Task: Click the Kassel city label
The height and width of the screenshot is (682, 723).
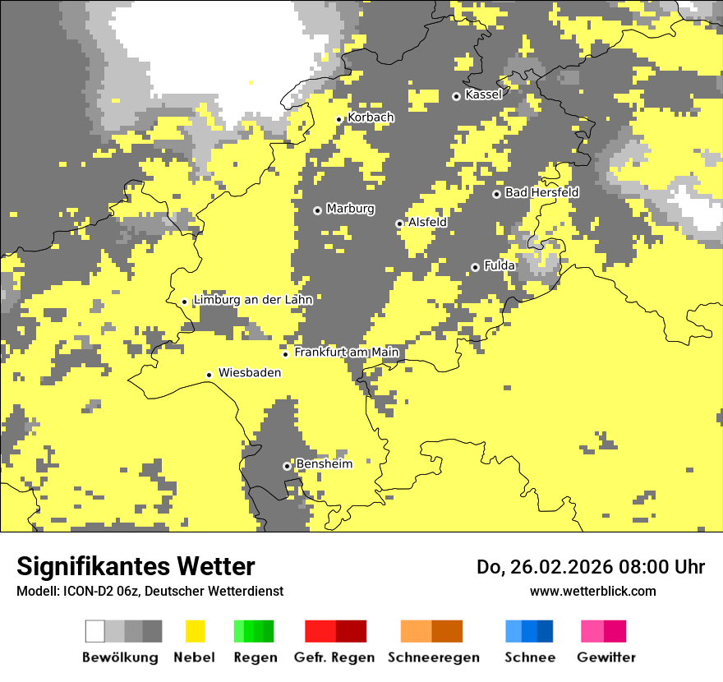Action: [483, 94]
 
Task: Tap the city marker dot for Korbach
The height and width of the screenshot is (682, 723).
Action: [338, 119]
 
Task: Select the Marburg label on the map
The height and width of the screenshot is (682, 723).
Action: [350, 209]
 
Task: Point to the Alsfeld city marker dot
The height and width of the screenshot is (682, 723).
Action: [399, 223]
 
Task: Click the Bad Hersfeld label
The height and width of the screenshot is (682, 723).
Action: [541, 192]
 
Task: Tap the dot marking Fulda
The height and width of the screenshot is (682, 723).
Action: [475, 267]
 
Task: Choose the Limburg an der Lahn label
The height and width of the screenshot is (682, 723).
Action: [252, 300]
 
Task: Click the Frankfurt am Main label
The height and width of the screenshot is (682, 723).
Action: [346, 353]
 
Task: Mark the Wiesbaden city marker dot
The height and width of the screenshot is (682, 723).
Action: [210, 375]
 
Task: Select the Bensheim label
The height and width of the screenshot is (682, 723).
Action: [324, 464]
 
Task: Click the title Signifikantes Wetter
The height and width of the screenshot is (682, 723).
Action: [136, 566]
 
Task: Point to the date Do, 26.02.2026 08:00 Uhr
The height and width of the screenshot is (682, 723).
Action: [590, 567]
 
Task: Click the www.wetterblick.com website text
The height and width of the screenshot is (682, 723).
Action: [592, 591]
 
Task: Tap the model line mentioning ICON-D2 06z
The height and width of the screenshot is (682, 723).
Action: [150, 591]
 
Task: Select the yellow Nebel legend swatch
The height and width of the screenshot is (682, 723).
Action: [196, 631]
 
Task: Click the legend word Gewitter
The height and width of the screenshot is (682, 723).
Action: [606, 657]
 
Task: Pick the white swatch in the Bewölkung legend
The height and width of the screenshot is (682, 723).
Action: [95, 631]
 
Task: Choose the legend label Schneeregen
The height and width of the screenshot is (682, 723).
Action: [433, 657]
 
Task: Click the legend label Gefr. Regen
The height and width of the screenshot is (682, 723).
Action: [334, 657]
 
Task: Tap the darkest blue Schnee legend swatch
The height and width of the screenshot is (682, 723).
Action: [546, 631]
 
